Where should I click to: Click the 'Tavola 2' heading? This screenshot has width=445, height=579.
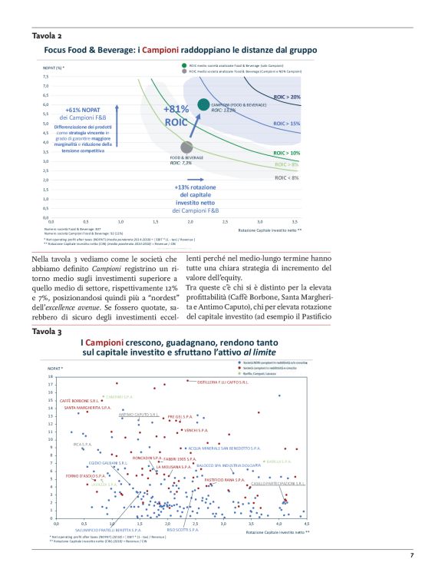(47, 35)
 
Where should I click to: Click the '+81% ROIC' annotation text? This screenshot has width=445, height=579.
(176, 115)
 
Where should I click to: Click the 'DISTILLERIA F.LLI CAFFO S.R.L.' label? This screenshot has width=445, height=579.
(222, 382)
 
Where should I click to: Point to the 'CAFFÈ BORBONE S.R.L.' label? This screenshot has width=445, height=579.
(81, 400)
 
